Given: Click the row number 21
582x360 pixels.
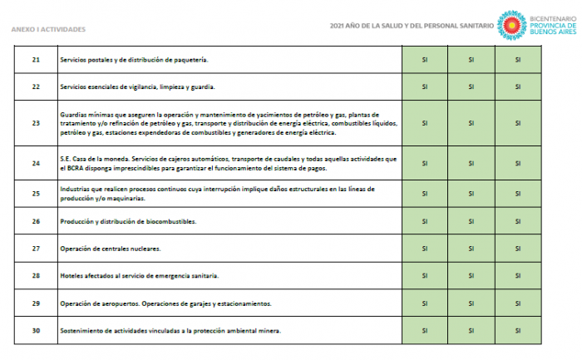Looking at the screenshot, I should click(x=36, y=60).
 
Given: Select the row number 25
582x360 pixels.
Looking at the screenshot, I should click(x=36, y=194).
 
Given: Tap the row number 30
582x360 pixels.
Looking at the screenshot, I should click(x=36, y=331).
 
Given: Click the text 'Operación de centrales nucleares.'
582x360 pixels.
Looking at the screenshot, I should click(x=110, y=249).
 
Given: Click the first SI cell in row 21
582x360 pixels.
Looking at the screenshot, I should click(x=425, y=60).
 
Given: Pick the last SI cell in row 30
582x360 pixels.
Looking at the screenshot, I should click(x=517, y=331).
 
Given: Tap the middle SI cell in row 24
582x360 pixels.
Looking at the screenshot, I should click(x=471, y=163).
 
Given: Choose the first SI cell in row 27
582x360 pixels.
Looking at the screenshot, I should click(x=425, y=249).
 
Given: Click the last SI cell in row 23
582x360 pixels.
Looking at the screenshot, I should click(x=517, y=123).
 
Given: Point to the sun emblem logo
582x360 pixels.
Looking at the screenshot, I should click(x=508, y=24).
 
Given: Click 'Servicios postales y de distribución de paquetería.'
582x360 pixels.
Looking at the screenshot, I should click(x=134, y=60).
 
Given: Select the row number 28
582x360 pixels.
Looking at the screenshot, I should click(x=36, y=275).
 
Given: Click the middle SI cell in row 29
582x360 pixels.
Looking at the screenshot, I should click(x=471, y=303).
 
